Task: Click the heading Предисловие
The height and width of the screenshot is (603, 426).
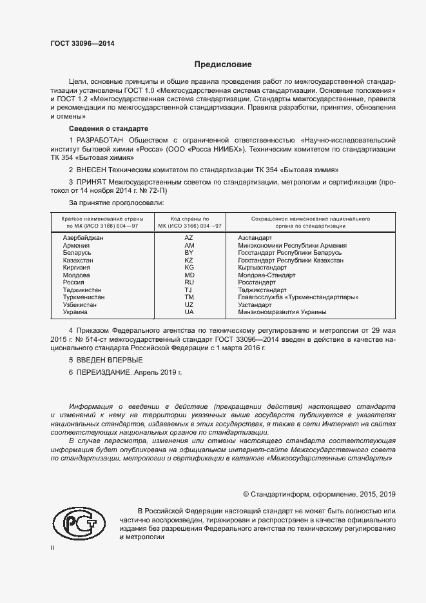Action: point(223,64)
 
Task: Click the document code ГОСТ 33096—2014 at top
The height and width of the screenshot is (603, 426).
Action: point(83,43)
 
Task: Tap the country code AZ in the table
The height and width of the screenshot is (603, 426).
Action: point(189,238)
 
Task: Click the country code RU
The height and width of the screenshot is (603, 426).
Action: point(189,282)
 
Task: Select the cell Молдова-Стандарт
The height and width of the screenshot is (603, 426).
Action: point(266,275)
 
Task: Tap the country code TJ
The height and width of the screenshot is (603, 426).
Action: point(189,290)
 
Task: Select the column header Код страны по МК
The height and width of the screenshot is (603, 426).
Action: point(189,222)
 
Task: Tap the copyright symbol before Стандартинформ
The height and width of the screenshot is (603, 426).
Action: point(246,494)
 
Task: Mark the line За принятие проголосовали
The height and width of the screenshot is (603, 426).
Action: point(111,204)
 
